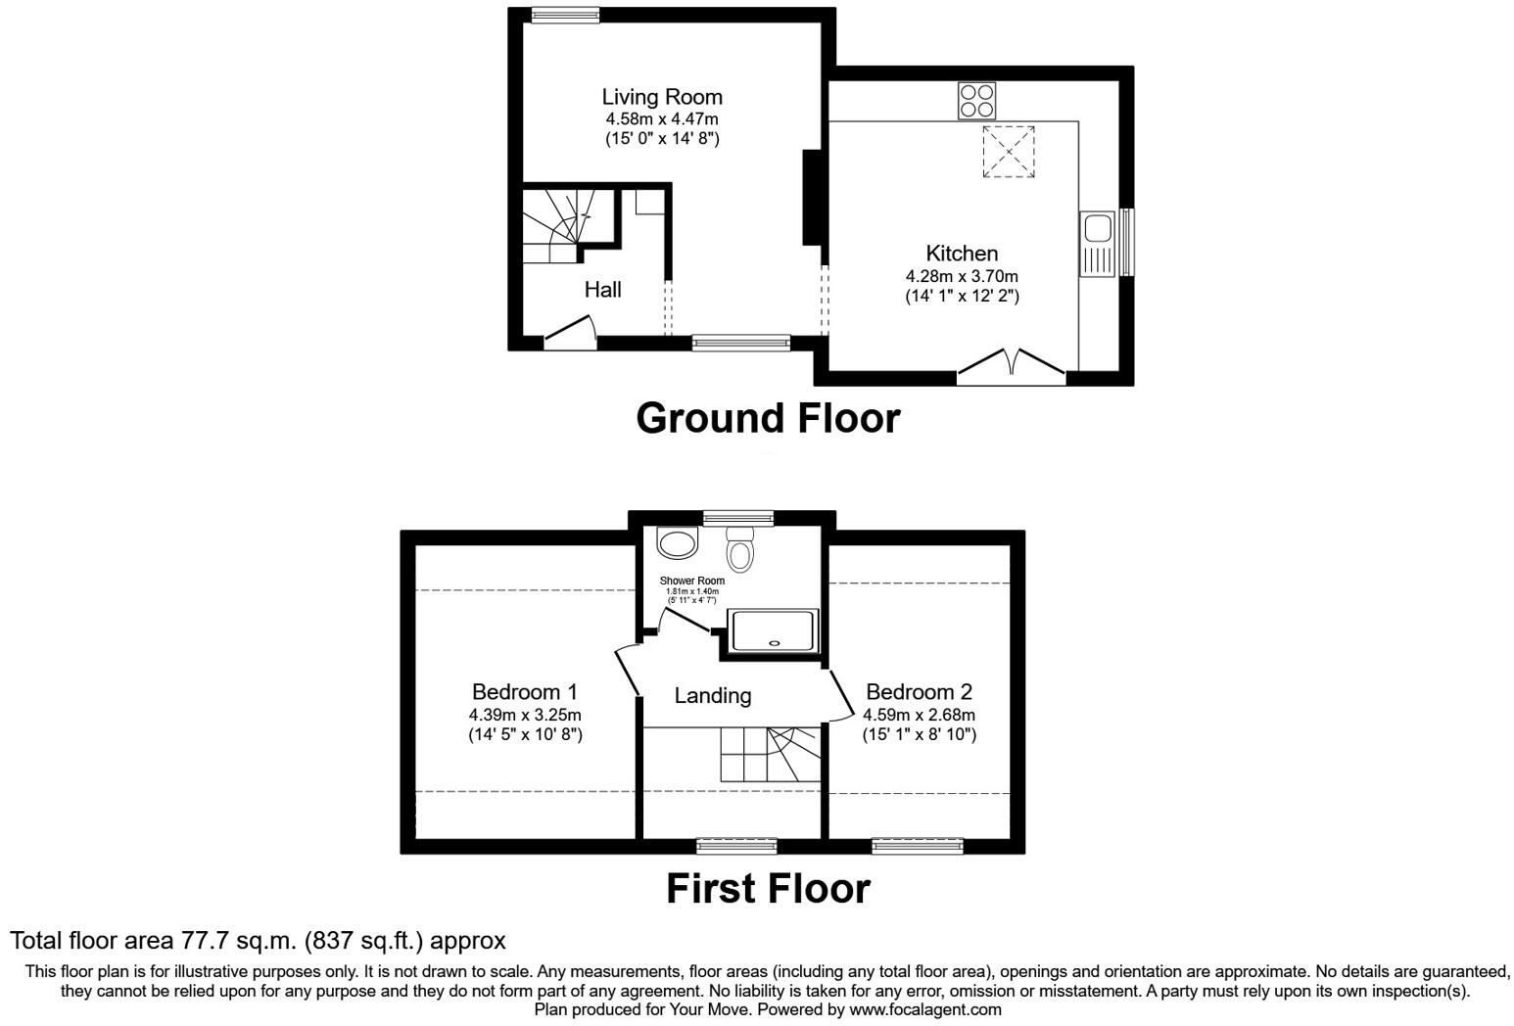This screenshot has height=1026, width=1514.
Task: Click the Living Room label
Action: [661, 97]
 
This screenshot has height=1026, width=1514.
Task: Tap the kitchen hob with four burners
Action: [976, 101]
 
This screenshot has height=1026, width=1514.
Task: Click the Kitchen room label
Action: [962, 254]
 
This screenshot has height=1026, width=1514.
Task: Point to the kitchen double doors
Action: [1011, 363]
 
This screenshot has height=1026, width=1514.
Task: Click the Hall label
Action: [602, 290]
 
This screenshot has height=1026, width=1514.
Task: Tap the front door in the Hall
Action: [571, 331]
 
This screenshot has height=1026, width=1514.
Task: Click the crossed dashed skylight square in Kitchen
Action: [1009, 152]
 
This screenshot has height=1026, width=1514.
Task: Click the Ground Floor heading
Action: [768, 418]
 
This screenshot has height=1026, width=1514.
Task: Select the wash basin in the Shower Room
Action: [678, 540]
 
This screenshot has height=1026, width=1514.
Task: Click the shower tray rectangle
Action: [774, 630]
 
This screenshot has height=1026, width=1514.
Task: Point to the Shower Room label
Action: [691, 582]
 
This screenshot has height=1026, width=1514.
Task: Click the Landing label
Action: [712, 696]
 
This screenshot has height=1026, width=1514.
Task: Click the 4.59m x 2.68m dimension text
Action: [919, 715]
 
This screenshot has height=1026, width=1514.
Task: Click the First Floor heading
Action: [768, 889]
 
